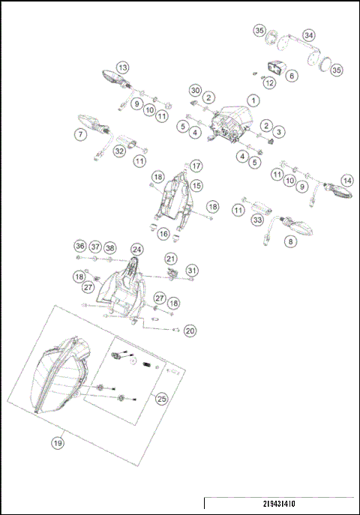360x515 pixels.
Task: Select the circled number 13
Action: tap(123, 67)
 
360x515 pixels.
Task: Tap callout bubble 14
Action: tap(346, 181)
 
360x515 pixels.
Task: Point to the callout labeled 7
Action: tap(79, 135)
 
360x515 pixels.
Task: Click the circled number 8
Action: tap(290, 242)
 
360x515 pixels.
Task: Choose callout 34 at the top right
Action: tap(309, 35)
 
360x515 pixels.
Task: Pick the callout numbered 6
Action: tap(291, 76)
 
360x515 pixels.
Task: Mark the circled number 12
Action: tap(269, 84)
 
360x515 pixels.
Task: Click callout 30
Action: tap(195, 90)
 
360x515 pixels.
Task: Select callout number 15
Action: tap(196, 184)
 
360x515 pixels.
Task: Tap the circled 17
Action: tap(196, 166)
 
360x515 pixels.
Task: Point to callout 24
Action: tap(136, 249)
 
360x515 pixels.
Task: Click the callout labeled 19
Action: tap(58, 442)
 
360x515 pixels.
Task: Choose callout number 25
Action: tap(161, 400)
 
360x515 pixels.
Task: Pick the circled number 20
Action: tap(190, 330)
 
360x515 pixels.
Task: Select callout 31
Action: tap(192, 270)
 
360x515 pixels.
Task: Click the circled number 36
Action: tap(79, 247)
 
